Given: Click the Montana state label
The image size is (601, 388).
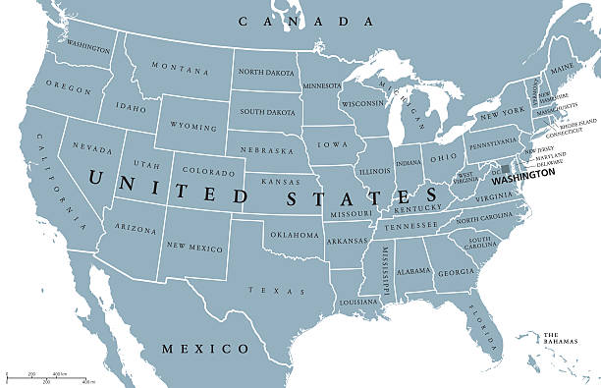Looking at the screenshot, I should click(x=180, y=69).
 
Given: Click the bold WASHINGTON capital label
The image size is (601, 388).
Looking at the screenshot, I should click(x=522, y=181).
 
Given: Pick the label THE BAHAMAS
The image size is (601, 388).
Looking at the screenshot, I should click(x=562, y=340).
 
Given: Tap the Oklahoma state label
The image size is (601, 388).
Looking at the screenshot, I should click(x=295, y=235).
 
